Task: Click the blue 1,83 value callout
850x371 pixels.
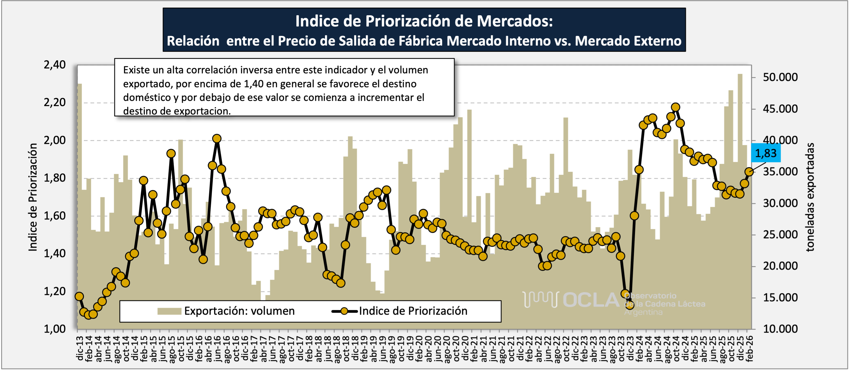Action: [766, 153]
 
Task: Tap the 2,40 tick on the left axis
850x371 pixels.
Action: [55, 65]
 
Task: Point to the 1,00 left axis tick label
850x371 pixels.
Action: [55, 329]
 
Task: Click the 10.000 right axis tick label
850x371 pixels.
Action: [780, 329]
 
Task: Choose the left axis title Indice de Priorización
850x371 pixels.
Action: [33, 197]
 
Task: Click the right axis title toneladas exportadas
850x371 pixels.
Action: [810, 197]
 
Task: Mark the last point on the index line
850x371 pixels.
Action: [749, 171]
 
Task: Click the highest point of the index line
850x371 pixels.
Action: [675, 107]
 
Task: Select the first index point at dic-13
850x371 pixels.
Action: [79, 296]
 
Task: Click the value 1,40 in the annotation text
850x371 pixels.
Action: [254, 84]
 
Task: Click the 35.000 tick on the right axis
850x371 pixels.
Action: [780, 172]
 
